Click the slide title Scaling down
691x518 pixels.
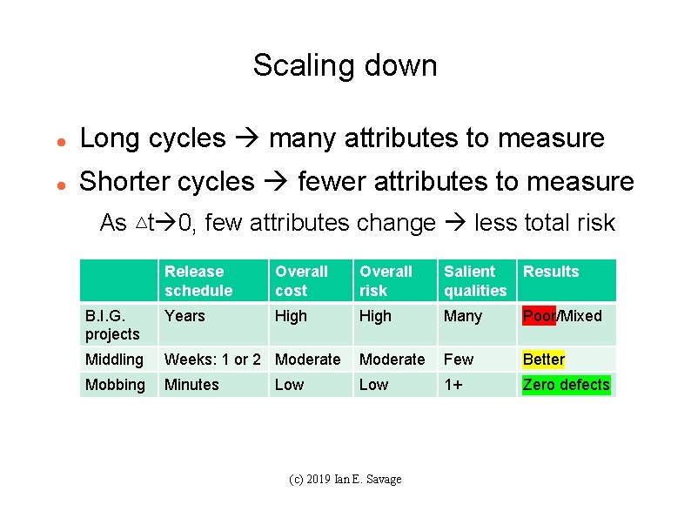345,65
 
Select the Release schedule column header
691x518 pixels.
198,280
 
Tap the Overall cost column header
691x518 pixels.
301,280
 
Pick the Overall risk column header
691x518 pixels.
386,280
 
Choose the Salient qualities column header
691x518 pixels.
474,280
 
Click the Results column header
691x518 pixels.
550,272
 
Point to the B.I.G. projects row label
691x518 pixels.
112,325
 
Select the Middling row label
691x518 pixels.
114,360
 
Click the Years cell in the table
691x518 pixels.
184,316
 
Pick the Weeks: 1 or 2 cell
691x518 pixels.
212,360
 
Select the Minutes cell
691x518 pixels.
191,385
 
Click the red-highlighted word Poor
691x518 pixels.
538,316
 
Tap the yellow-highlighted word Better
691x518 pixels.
543,360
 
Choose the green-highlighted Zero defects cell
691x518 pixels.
566,385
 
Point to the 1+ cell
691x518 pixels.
453,385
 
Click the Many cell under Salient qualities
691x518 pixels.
462,316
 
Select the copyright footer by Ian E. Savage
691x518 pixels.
345,480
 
